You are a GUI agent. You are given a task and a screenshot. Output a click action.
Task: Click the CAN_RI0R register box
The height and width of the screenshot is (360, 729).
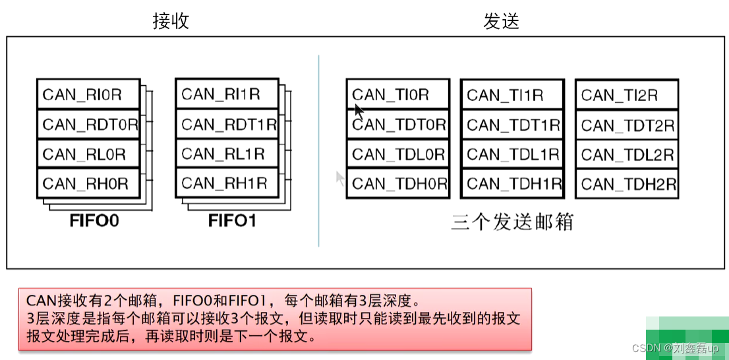[x=88, y=94]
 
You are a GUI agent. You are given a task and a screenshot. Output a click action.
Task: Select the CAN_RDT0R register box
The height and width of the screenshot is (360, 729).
[x=88, y=125]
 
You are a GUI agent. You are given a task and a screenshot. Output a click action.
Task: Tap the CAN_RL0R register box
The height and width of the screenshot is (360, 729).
[x=88, y=154]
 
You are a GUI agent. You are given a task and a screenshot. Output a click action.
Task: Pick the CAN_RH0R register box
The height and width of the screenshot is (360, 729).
[x=88, y=184]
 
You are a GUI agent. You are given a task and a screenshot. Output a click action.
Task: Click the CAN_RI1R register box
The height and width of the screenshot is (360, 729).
[x=227, y=94]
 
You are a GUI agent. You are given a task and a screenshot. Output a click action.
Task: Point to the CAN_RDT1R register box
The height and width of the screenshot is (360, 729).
[x=227, y=125]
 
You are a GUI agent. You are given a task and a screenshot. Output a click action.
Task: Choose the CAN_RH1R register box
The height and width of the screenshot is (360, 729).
[x=227, y=184]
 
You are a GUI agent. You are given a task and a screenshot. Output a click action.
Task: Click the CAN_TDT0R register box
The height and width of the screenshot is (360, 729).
[x=398, y=125]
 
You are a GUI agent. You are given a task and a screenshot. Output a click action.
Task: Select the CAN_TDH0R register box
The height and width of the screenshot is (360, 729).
[x=398, y=184]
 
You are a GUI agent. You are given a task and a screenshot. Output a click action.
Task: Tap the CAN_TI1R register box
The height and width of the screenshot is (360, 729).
[x=512, y=95]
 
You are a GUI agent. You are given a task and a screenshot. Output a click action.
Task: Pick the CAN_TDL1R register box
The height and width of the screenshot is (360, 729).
[x=512, y=155]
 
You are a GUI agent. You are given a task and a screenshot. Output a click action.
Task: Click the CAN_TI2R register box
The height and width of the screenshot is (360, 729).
[x=627, y=95]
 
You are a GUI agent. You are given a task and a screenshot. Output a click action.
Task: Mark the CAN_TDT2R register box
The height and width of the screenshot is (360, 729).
[x=627, y=125]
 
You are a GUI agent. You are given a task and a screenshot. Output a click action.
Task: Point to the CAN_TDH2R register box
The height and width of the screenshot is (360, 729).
[x=627, y=184]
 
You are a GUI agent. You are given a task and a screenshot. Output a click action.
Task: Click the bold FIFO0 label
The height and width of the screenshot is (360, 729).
[x=94, y=220]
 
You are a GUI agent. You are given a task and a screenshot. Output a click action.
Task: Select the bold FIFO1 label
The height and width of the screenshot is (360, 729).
[x=233, y=220]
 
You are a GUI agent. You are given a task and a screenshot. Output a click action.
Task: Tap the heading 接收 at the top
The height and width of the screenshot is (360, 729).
[x=171, y=21]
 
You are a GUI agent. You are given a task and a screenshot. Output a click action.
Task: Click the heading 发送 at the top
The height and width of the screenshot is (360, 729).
[x=501, y=21]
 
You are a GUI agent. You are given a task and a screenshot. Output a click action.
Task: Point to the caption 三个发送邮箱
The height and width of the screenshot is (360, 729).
[x=512, y=222]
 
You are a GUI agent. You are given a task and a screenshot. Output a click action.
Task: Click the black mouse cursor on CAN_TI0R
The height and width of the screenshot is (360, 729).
[x=359, y=109]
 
